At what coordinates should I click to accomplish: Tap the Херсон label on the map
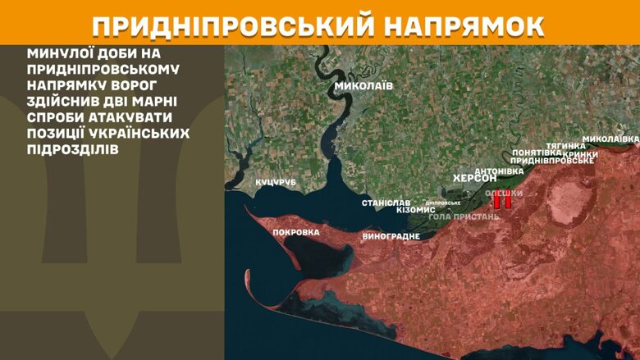[475, 178]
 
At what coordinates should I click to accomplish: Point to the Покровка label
[295, 232]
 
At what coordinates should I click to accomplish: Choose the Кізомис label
[416, 210]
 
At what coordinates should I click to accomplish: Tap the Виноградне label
[391, 236]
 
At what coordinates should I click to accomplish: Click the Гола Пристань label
[464, 216]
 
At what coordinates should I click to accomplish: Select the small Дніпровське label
[443, 203]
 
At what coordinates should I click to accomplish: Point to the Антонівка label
[499, 171]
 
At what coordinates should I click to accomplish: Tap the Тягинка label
[566, 146]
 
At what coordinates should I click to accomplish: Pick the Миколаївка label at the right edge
[610, 139]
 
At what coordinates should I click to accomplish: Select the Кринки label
[581, 154]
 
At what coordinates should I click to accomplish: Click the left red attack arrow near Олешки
[496, 201]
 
